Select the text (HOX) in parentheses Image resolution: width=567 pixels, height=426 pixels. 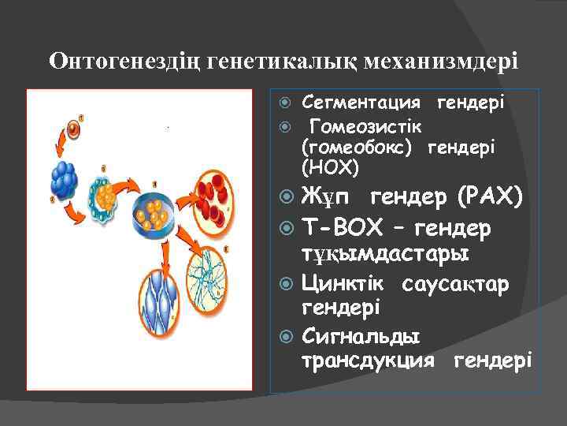(x=329, y=167)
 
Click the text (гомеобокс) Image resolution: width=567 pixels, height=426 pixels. (x=360, y=147)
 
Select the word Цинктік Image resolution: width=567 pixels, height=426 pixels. (x=343, y=282)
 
